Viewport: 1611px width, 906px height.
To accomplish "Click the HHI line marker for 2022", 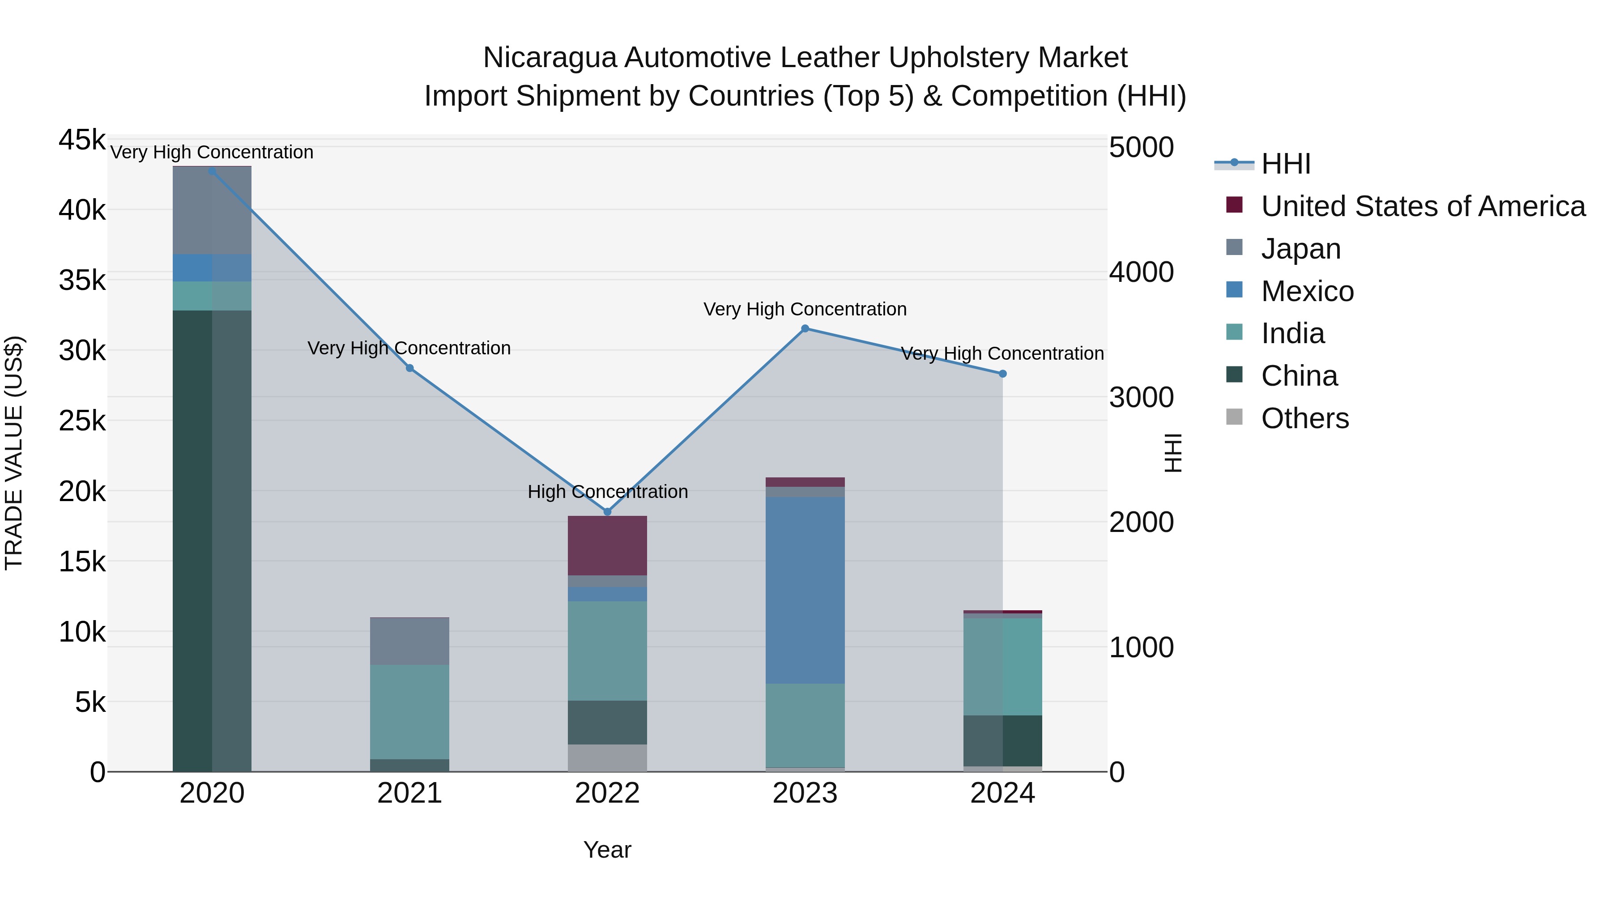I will click(607, 511).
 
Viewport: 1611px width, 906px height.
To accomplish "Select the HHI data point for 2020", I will click(212, 171).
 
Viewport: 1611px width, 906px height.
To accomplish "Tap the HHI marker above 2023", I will click(805, 328).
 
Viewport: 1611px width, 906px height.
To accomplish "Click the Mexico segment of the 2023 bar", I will click(805, 590).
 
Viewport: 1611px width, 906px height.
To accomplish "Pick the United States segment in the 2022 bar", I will click(607, 545).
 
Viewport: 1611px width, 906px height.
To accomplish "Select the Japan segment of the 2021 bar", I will click(409, 641).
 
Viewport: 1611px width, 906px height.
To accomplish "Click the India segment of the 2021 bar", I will click(409, 711).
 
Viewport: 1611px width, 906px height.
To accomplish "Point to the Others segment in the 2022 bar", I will click(607, 758).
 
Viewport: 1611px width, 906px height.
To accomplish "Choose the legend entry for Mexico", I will click(1307, 291).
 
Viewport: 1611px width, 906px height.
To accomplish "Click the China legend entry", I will click(1299, 376).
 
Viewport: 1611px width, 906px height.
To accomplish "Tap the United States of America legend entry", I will click(1423, 206).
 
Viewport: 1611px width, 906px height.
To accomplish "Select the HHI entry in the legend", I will click(1285, 164).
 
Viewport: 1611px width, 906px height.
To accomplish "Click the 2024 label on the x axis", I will click(1002, 793).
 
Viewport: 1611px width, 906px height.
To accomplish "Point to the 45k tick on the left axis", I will click(82, 140).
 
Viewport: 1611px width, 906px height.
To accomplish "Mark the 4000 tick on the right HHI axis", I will click(1141, 272).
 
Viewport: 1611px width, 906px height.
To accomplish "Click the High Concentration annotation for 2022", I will click(607, 491).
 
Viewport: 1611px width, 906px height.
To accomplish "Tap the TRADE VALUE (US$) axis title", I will click(14, 453).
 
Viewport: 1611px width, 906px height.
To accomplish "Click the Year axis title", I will click(607, 850).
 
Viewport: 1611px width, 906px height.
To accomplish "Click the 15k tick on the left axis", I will click(82, 561).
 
